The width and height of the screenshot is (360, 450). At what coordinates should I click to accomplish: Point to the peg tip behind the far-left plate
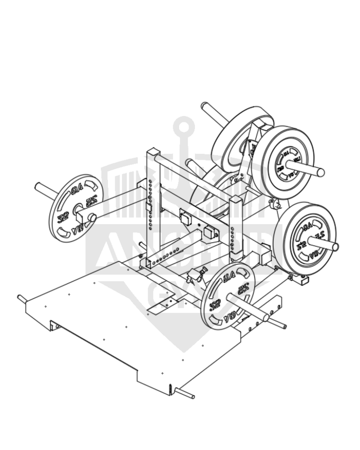click(x=39, y=185)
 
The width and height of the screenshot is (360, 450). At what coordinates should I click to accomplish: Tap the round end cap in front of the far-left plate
click(x=92, y=217)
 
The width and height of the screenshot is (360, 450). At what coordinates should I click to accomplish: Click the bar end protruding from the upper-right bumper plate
click(x=320, y=171)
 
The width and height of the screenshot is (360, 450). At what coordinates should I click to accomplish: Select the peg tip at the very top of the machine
click(x=205, y=107)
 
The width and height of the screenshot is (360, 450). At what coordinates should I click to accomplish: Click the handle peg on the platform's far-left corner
click(x=21, y=297)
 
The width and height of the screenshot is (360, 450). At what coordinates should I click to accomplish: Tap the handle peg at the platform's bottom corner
click(x=191, y=396)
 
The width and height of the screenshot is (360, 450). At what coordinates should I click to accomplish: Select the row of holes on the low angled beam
click(x=162, y=258)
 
